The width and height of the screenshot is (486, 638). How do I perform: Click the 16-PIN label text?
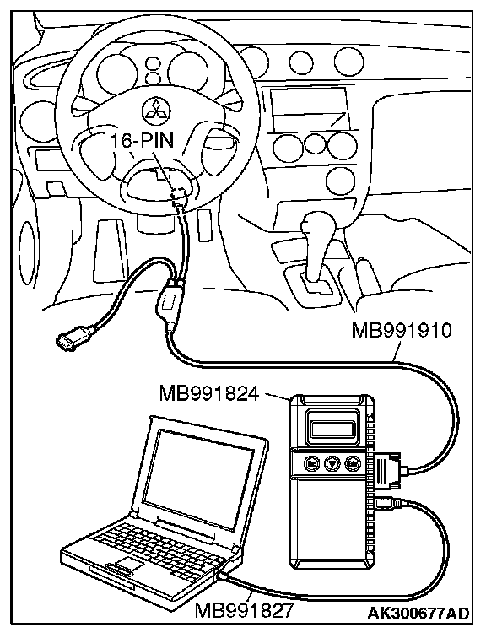[142, 141]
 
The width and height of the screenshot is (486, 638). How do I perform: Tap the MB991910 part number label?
[402, 330]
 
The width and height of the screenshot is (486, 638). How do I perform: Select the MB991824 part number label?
[209, 393]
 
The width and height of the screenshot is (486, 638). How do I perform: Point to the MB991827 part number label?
[244, 610]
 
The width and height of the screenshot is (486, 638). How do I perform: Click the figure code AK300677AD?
[418, 613]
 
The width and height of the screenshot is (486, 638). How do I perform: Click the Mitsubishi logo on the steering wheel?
[157, 109]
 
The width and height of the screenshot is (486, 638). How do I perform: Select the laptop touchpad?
[127, 565]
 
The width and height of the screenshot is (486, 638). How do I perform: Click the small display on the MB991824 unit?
[332, 428]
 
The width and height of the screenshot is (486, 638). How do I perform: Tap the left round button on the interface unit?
[312, 463]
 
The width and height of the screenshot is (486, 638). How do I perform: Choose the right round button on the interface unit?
[352, 463]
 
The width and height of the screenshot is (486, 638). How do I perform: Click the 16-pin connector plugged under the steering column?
[180, 194]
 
